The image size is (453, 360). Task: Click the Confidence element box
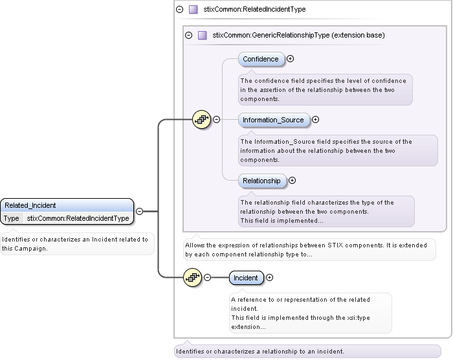coord(261,60)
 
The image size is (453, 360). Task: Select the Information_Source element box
coord(273,120)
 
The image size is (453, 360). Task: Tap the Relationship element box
coord(261,181)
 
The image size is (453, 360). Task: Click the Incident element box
coord(246,278)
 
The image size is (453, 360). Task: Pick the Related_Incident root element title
coord(30,205)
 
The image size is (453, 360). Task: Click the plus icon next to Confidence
coord(291,59)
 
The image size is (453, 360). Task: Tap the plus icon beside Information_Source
coord(316,120)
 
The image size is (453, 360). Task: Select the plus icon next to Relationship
coord(293,181)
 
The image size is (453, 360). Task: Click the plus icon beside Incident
coord(270,278)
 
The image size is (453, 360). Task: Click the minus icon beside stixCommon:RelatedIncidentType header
coord(179,10)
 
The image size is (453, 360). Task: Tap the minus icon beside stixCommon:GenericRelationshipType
coord(189,36)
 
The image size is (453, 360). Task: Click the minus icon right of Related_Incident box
coord(139,211)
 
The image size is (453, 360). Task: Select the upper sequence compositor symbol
coord(202,120)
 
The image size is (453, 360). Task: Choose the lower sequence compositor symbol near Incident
coord(193,278)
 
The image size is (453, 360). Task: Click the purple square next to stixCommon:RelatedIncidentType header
coord(193,10)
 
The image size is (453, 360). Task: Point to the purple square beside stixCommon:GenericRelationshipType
coord(202,36)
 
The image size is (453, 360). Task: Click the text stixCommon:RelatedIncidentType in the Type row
coord(78,218)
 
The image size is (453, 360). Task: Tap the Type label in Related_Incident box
coord(12,218)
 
